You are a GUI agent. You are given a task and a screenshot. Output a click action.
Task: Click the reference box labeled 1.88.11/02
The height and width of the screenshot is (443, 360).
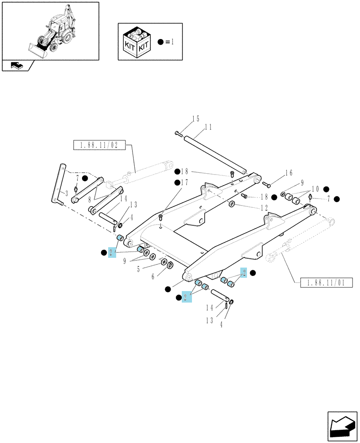click(99, 145)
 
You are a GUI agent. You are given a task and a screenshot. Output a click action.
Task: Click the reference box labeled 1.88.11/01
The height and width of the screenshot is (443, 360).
click(326, 283)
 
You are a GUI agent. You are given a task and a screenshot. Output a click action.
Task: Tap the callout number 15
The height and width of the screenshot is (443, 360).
click(196, 119)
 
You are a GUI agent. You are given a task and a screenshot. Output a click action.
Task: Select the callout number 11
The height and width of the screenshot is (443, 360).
click(208, 127)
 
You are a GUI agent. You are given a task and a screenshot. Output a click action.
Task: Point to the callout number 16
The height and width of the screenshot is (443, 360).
click(289, 173)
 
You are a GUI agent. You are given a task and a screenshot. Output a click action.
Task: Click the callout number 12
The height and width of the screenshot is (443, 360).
click(264, 208)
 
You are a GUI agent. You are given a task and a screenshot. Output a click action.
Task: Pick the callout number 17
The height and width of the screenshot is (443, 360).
click(184, 183)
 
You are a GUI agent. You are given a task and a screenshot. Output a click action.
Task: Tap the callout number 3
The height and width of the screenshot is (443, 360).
click(67, 194)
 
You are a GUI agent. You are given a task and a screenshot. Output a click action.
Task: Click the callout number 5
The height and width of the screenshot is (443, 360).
click(138, 269)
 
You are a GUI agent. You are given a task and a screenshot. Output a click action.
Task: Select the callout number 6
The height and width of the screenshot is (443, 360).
click(153, 276)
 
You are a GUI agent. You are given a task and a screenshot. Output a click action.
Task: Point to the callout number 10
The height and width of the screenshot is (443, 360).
click(315, 189)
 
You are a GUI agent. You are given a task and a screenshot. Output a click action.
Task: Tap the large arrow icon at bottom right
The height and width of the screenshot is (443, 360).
click(342, 426)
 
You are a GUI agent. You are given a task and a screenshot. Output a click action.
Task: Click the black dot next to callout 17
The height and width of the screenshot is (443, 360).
click(177, 183)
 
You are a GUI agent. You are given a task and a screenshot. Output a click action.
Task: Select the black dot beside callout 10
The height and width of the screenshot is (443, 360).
click(326, 189)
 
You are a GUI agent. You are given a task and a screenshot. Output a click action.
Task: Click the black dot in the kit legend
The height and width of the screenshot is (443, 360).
click(160, 42)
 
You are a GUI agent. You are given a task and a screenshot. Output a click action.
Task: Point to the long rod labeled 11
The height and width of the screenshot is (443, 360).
click(215, 155)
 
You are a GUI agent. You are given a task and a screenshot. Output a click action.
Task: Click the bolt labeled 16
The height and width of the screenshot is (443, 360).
click(266, 184)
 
